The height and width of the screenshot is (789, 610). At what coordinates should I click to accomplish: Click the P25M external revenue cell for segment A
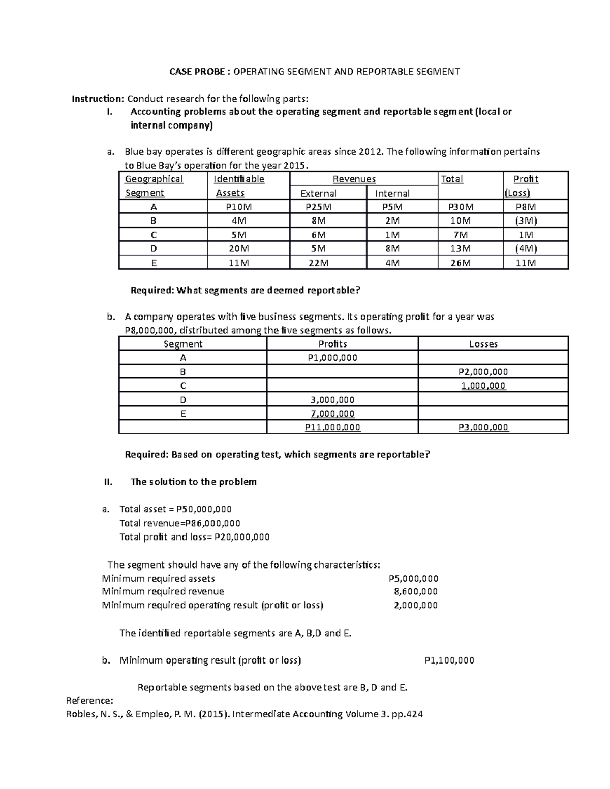(318, 207)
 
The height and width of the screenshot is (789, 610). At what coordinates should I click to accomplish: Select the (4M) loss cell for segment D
(526, 248)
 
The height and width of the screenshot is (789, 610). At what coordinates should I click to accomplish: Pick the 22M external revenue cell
(318, 263)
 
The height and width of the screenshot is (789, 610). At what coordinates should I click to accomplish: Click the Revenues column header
(354, 179)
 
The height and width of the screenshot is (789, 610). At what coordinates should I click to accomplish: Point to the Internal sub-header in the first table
(392, 193)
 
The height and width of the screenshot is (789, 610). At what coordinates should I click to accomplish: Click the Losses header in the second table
(483, 344)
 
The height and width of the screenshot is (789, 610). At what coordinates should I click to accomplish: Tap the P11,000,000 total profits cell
(332, 427)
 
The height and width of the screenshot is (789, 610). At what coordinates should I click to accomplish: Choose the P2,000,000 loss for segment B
(483, 372)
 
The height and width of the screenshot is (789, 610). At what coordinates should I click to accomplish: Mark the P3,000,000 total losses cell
(483, 427)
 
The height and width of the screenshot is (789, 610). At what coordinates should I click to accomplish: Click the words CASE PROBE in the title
(196, 72)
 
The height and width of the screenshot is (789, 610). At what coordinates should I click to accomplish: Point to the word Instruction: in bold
(98, 99)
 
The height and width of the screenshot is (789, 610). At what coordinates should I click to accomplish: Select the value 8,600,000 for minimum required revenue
(416, 591)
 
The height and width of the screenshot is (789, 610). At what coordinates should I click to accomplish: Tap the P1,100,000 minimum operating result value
(449, 660)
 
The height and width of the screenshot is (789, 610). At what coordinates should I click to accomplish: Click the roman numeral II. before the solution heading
(108, 482)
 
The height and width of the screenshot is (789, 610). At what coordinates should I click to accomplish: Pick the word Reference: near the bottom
(90, 700)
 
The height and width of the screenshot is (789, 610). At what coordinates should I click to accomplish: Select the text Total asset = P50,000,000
(175, 509)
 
